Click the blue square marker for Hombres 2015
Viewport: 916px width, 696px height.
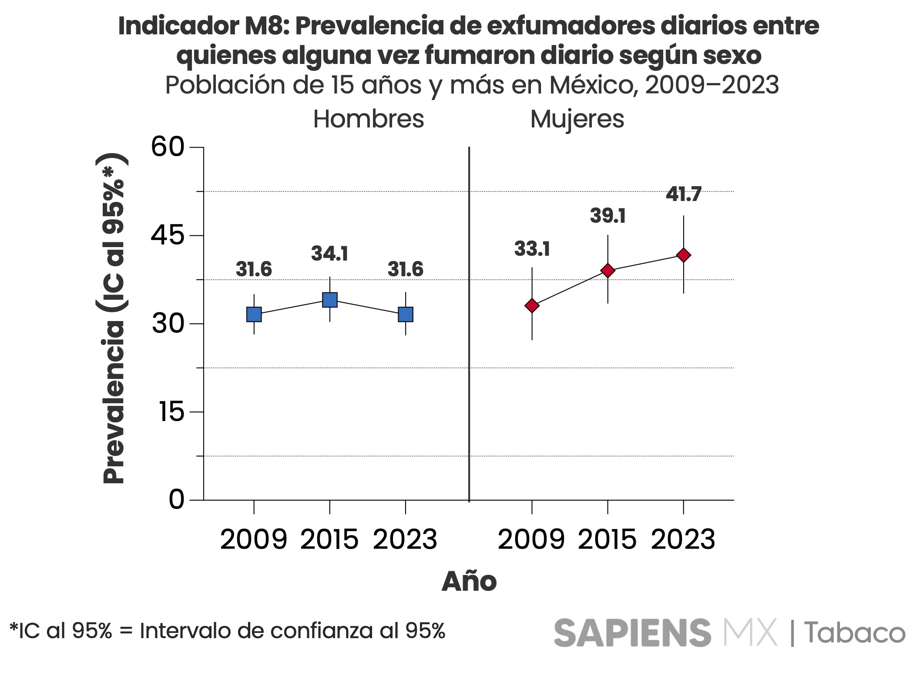point(329,300)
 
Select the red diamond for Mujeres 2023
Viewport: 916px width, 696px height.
point(683,255)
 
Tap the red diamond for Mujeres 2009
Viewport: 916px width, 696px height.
point(532,306)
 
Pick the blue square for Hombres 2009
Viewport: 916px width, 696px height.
point(254,314)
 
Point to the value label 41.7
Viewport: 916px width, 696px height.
point(683,194)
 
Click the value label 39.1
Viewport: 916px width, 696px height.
point(607,216)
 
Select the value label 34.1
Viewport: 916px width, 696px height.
point(329,254)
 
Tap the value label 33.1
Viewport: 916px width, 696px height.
point(532,249)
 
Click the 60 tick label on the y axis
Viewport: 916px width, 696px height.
point(168,147)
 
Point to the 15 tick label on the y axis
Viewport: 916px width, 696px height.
point(171,412)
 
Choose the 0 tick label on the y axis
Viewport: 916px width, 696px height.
point(176,499)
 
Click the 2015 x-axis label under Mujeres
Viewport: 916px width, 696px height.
point(607,539)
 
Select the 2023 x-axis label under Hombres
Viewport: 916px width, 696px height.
point(405,539)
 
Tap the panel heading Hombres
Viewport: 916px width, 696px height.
point(368,119)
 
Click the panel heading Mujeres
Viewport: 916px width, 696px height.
point(577,119)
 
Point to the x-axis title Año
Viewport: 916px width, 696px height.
point(469,582)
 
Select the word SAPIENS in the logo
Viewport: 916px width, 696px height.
point(632,633)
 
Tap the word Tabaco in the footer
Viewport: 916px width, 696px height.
point(854,633)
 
